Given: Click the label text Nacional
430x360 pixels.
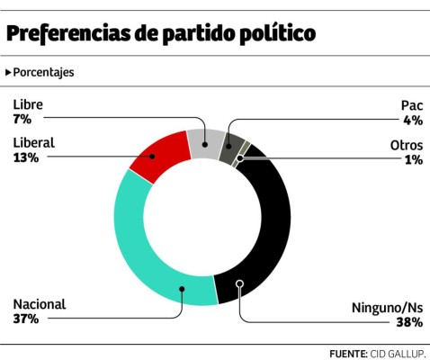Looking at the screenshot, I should point(40,304).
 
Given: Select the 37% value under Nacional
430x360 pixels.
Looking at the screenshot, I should point(25,319).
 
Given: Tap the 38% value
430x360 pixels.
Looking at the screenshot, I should point(409,321).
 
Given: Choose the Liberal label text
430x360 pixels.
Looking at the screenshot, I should point(35,142).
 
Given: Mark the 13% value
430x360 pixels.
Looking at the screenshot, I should point(25,157).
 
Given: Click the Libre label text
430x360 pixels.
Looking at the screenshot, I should point(28,103).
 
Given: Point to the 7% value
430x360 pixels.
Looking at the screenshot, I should point(22,119).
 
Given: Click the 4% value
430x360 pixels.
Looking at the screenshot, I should point(413,120).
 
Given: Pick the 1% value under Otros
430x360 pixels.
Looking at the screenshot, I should point(414,159).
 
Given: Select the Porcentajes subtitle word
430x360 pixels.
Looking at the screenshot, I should point(43,72).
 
